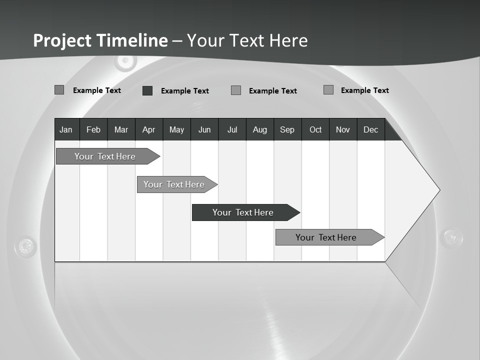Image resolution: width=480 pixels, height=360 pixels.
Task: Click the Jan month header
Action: (66, 129)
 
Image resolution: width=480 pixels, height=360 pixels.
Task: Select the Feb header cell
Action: (93, 129)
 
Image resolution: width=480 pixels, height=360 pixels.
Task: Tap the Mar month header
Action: (121, 129)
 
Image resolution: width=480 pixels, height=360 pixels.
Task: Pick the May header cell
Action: (176, 129)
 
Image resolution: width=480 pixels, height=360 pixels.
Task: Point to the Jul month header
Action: (232, 129)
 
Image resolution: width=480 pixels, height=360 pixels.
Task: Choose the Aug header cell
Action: (260, 129)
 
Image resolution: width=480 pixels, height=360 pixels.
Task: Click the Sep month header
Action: (287, 129)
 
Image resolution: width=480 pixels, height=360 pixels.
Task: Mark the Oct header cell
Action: (315, 129)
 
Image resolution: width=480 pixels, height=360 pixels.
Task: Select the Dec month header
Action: (371, 129)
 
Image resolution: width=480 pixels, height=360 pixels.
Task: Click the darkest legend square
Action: (147, 90)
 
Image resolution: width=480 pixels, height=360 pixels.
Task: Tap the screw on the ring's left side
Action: (25, 246)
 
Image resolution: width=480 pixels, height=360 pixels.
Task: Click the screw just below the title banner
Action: (125, 62)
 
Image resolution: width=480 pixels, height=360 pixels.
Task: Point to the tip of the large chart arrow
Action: (439, 190)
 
